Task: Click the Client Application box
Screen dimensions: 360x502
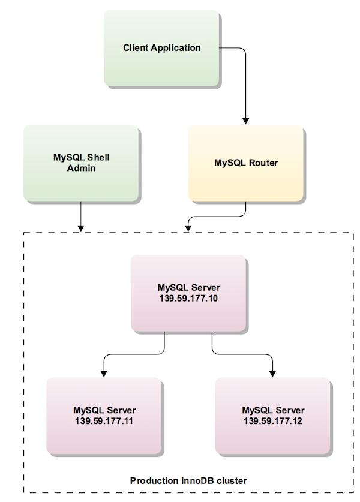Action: click(161, 48)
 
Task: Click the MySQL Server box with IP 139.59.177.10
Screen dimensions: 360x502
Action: click(188, 293)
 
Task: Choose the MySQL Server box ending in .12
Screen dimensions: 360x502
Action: click(272, 416)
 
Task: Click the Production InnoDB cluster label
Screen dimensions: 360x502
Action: click(188, 480)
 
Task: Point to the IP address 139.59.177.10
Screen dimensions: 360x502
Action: click(188, 299)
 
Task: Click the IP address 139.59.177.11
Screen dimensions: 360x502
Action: click(104, 420)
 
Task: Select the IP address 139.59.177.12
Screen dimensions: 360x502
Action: click(272, 420)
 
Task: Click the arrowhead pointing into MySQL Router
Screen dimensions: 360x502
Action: click(245, 121)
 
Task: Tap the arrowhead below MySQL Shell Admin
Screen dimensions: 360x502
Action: click(81, 228)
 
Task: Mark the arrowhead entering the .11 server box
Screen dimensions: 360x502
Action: click(104, 374)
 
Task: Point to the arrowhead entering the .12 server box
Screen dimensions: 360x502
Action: click(272, 374)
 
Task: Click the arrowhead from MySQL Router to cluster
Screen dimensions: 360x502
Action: click(188, 228)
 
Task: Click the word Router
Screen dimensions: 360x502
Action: click(263, 163)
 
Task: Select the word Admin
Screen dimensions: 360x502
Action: click(81, 168)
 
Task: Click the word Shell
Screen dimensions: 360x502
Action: click(98, 158)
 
